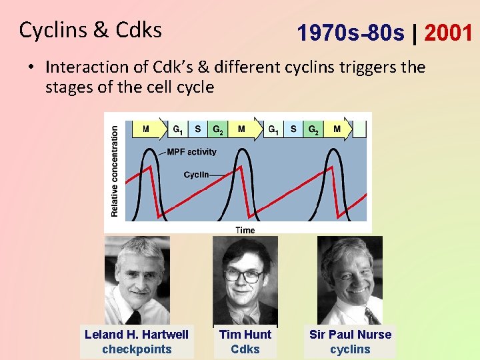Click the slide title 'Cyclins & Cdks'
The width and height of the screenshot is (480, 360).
pos(91,30)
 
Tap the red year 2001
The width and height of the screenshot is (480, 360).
pos(447,31)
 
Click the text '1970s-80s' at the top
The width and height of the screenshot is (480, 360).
pos(351,32)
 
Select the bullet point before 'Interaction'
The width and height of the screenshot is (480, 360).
pos(31,67)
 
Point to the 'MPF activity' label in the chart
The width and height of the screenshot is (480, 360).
pos(191,152)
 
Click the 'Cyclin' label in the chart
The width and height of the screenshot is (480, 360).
pos(196,175)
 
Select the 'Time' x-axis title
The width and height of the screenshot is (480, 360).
pos(245,230)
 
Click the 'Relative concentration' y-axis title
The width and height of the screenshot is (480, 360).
pos(114,171)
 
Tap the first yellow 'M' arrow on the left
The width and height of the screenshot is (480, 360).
pos(147,129)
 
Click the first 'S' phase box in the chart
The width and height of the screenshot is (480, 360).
pos(198,129)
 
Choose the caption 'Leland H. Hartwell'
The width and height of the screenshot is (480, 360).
pos(137,334)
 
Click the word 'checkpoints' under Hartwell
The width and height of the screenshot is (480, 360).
pos(137,349)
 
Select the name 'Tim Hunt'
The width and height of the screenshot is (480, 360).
pos(245,334)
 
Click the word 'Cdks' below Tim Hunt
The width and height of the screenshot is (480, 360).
pos(245,349)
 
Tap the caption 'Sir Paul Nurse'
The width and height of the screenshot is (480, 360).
pos(350,334)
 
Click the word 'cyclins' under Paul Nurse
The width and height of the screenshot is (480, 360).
pos(350,349)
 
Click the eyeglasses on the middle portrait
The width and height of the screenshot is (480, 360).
pos(243,275)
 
